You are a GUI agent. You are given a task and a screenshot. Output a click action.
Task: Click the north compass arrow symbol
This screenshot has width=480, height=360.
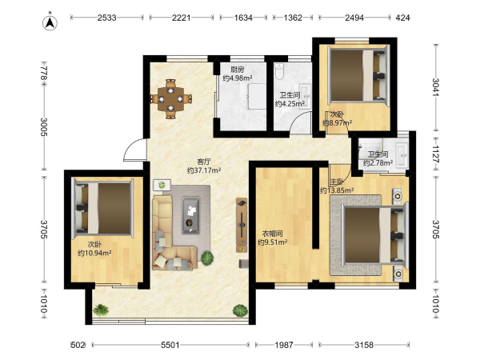pos(50,22)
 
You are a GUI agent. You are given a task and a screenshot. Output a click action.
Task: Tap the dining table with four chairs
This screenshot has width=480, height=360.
pos(171,99)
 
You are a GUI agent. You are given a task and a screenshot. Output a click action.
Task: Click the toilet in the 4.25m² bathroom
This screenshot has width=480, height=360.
pos(279,71)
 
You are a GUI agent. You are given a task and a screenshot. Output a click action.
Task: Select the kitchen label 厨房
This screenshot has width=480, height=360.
pos(238,70)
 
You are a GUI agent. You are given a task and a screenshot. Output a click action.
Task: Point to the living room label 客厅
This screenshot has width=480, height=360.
pos(203,162)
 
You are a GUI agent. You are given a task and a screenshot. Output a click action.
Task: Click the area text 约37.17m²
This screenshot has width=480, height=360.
pos(204,170)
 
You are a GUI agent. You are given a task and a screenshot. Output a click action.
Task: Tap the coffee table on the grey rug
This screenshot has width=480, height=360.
pos(190,215)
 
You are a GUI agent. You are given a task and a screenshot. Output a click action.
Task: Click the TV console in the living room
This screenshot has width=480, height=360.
pos(242,225)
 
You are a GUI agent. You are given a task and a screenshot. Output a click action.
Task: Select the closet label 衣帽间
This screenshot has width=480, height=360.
pos(273,234)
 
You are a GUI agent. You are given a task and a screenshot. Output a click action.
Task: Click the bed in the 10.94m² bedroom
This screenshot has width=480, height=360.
pos(102,209)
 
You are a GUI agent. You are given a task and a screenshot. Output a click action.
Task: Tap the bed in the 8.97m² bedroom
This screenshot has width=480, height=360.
pos(358,75)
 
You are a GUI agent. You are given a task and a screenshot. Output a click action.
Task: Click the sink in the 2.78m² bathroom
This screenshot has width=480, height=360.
pos(401,154)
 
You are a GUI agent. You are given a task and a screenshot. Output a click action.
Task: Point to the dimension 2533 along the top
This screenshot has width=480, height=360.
pos(107,18)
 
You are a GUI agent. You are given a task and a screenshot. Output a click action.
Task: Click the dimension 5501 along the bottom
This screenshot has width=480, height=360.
pos(170,345)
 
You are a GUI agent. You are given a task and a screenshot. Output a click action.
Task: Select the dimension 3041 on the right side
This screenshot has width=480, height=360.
pos(436,87)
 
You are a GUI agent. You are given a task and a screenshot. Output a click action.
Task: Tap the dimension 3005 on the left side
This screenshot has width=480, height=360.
pos(44,127)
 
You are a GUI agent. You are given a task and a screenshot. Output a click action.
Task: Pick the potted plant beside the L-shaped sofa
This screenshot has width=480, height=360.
pos(207,258)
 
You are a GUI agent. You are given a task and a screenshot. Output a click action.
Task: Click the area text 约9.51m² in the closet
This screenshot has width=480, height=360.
pos(273,242)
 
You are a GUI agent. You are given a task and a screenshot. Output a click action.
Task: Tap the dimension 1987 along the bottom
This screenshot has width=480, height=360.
pos(284,345)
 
